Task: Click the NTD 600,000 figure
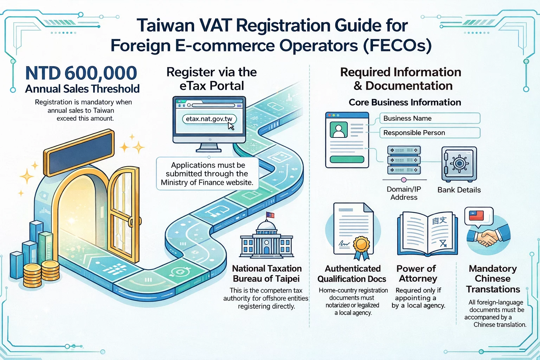(x=81, y=73)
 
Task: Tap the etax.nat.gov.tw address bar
(x=209, y=119)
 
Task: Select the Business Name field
(x=430, y=118)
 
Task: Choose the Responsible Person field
(x=430, y=133)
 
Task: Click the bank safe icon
(x=459, y=164)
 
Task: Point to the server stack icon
(x=404, y=160)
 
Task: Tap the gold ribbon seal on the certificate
(x=361, y=244)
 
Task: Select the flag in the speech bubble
(x=476, y=215)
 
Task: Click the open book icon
(x=427, y=234)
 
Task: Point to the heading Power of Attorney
(x=417, y=274)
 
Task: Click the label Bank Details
(x=459, y=190)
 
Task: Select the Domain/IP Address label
(x=404, y=193)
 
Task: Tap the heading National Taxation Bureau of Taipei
(x=266, y=274)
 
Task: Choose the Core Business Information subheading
(x=405, y=102)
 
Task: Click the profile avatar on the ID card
(x=339, y=129)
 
